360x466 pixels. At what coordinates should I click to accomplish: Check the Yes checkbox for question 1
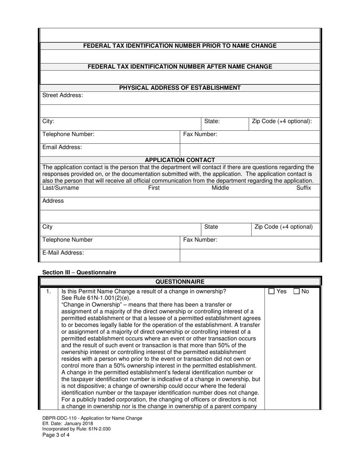click(271, 291)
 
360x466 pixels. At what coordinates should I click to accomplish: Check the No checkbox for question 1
click(297, 291)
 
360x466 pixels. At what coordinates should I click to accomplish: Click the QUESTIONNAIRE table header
click(180, 281)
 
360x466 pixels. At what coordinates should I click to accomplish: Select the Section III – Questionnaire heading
click(79, 272)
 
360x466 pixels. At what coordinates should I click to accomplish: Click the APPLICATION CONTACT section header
click(180, 160)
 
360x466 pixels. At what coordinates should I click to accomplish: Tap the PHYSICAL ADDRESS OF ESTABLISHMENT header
click(180, 88)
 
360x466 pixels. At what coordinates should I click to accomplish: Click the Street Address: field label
click(63, 95)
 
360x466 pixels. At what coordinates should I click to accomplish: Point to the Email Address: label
click(62, 147)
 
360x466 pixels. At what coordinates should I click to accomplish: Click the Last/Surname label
click(61, 188)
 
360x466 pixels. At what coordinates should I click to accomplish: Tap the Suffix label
click(304, 188)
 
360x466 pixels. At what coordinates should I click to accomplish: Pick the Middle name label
click(220, 188)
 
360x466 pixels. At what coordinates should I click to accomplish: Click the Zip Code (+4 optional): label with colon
click(282, 121)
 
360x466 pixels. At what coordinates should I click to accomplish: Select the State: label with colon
click(212, 121)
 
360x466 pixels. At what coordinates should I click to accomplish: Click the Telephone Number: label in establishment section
click(69, 134)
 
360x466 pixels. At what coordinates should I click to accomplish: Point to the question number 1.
click(48, 291)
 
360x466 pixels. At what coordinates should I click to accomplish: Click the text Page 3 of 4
click(56, 435)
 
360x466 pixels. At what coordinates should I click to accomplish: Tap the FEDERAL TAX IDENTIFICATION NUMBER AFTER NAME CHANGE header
click(180, 67)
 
